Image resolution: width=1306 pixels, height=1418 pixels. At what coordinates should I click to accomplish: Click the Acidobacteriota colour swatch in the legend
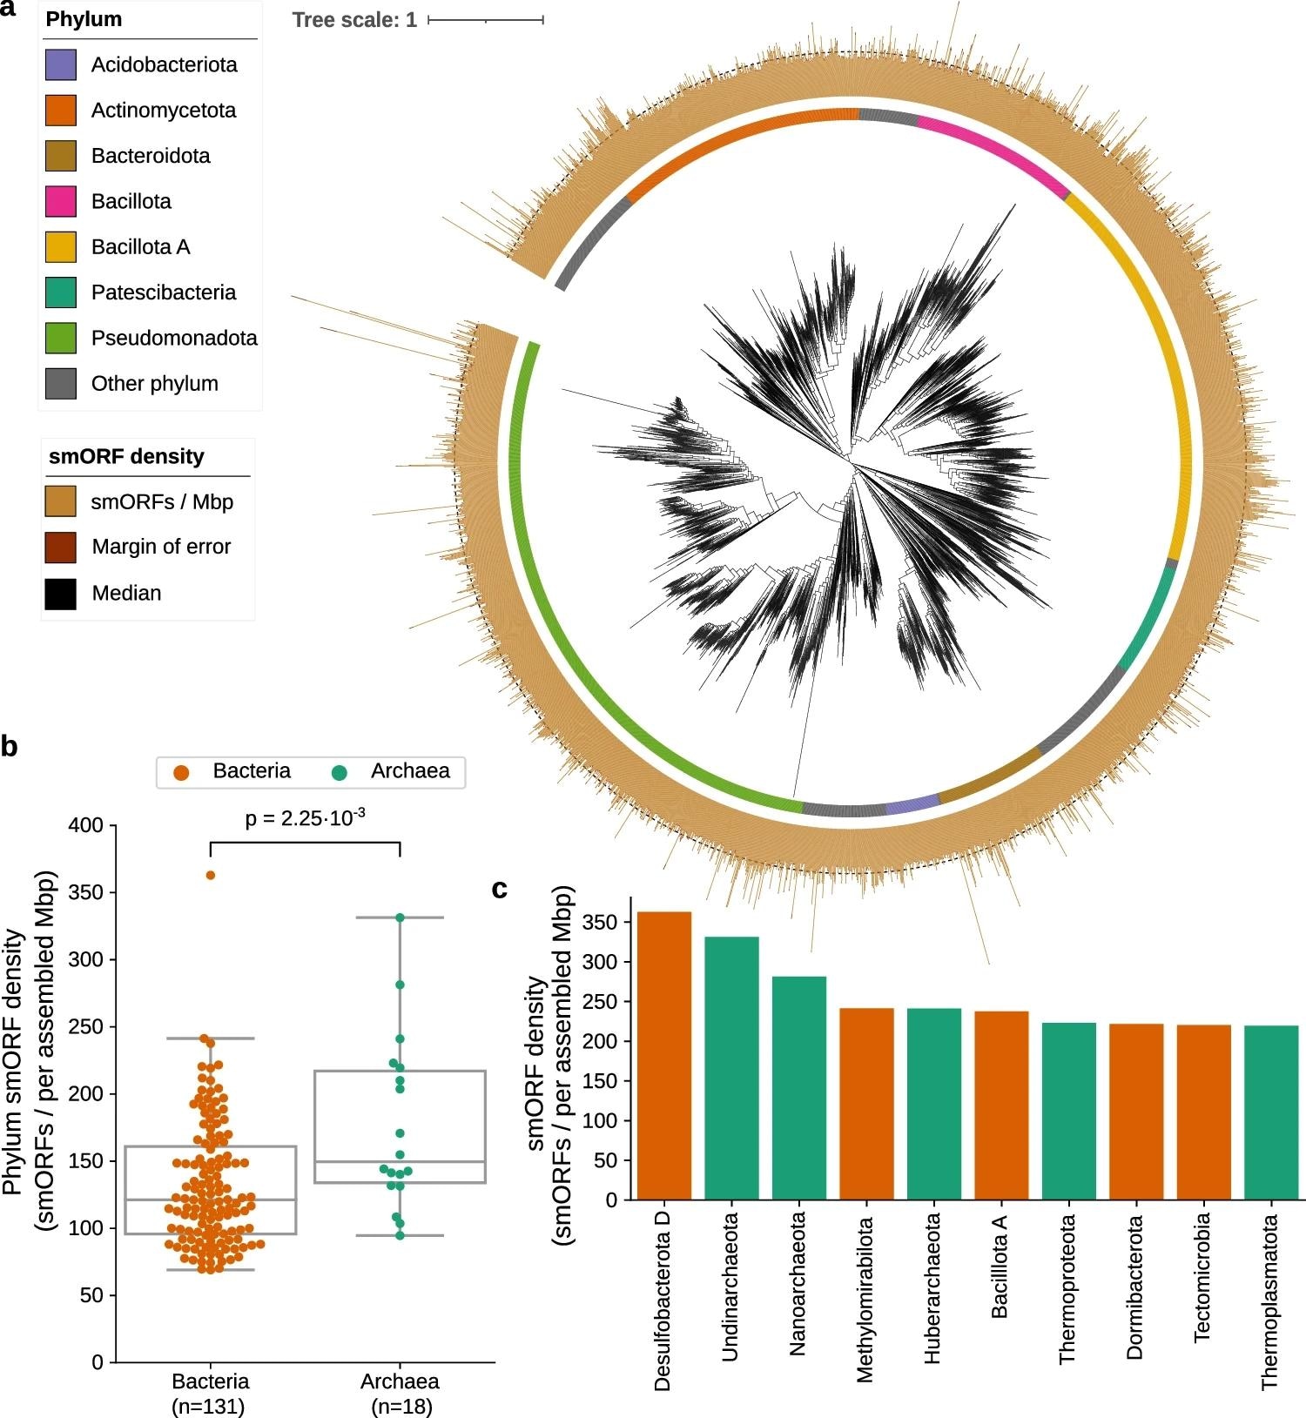[61, 65]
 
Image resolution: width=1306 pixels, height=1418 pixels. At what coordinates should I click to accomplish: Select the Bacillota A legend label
[140, 247]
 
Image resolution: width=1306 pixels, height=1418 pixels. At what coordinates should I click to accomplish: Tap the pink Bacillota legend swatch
[61, 202]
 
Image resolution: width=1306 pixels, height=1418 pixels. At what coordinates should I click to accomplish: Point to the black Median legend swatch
[61, 594]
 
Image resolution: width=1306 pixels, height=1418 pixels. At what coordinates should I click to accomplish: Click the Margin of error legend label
[161, 547]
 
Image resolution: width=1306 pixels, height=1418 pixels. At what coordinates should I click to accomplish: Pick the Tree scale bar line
[486, 19]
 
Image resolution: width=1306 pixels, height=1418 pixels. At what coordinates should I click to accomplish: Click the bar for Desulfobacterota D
[664, 1055]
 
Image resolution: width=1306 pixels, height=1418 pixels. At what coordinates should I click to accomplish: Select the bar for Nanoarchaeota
[799, 1088]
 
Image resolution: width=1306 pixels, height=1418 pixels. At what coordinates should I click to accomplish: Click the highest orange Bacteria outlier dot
[211, 875]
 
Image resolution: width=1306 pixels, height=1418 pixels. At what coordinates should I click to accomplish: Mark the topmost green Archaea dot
[401, 917]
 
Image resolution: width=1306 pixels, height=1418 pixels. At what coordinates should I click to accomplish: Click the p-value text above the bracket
[305, 818]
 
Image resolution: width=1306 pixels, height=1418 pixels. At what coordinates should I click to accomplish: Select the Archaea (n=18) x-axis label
[401, 1393]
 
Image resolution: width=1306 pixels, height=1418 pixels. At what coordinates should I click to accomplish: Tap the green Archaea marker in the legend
[340, 772]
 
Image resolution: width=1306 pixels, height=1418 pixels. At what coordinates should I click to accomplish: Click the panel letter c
[500, 889]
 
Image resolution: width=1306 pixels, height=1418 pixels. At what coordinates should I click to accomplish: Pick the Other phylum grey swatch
[61, 384]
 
